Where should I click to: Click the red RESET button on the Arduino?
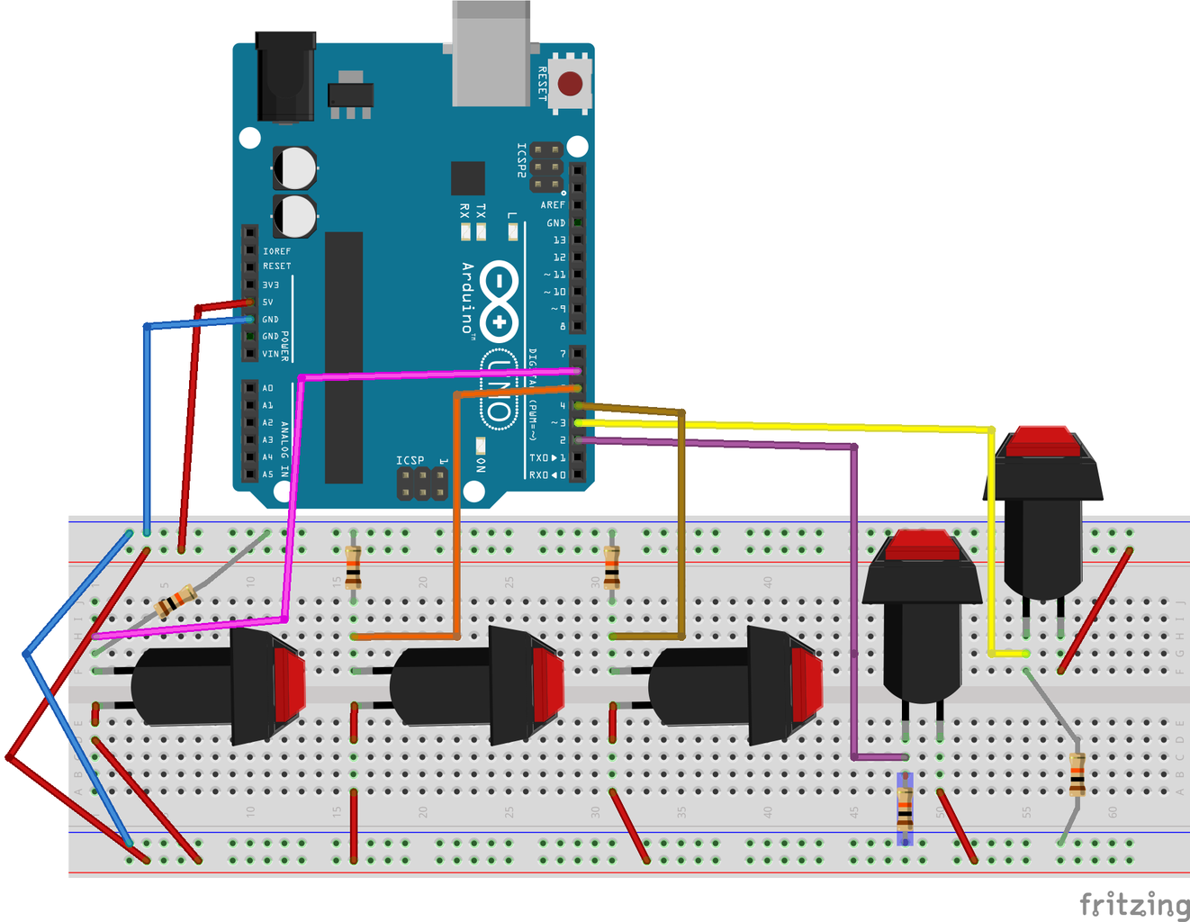[x=570, y=84]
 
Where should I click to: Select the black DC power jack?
[x=285, y=77]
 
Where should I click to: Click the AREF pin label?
[x=553, y=205]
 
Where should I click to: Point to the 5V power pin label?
[x=267, y=303]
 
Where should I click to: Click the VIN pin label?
[x=270, y=354]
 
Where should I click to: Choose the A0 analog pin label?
[x=267, y=388]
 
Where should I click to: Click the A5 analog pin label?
[x=267, y=475]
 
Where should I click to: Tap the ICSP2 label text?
[x=521, y=159]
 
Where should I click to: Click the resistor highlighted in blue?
[x=905, y=808]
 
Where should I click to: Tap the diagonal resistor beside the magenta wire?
[x=175, y=601]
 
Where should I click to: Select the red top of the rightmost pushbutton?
[x=1042, y=441]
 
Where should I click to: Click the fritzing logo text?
[x=1134, y=904]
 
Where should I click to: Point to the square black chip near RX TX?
[x=468, y=178]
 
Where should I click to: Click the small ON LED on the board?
[x=481, y=445]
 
